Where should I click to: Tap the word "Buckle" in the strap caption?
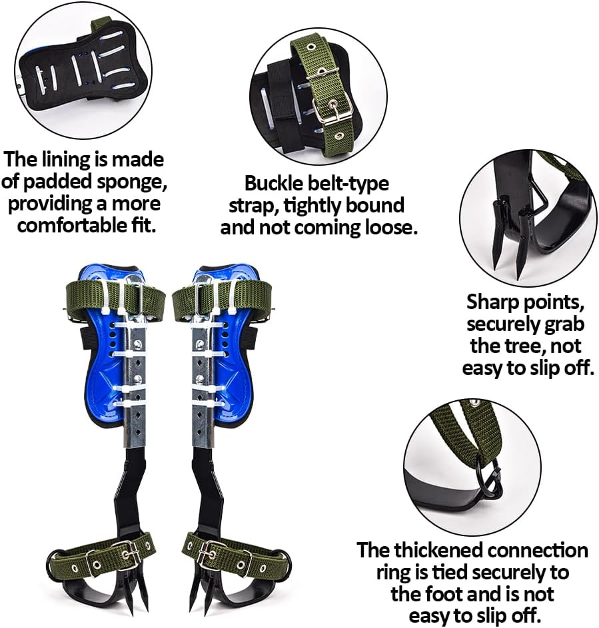pyautogui.click(x=272, y=183)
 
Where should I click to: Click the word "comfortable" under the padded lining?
pyautogui.click(x=74, y=225)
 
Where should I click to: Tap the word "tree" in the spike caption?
pyautogui.click(x=517, y=346)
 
